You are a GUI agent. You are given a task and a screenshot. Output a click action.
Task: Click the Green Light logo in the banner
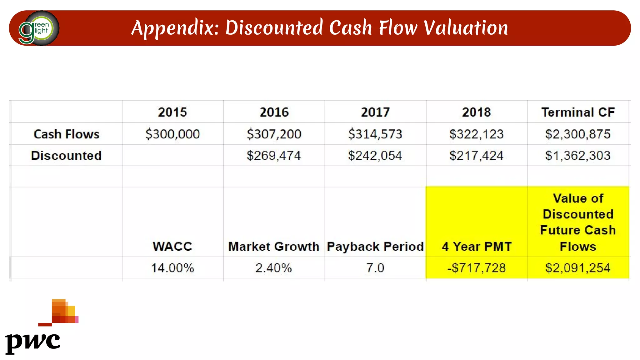click(39, 28)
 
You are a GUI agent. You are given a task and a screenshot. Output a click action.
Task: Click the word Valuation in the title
click(466, 28)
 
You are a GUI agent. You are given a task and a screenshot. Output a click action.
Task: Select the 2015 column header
click(172, 112)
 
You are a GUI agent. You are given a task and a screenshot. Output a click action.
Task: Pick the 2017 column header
click(375, 112)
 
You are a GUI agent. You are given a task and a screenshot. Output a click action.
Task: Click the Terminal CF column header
click(578, 112)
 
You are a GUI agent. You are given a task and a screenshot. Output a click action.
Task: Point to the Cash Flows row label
click(66, 134)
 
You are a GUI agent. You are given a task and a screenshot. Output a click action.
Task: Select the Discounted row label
click(66, 155)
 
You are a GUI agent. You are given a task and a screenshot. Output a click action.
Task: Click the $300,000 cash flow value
click(172, 134)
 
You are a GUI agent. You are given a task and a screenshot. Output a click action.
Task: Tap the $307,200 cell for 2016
click(274, 134)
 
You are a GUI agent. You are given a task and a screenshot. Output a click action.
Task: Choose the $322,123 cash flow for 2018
click(477, 134)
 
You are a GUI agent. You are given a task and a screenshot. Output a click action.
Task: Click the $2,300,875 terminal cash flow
click(578, 134)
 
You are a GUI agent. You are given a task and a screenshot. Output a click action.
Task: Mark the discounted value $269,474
click(274, 155)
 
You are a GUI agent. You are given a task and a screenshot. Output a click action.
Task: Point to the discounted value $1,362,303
click(578, 155)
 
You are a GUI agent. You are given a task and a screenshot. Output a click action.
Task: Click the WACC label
click(172, 247)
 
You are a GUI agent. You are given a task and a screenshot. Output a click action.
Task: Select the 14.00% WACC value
click(172, 268)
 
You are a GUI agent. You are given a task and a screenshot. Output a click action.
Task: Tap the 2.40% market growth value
click(274, 268)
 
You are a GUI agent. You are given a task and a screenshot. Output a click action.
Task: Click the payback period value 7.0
click(375, 268)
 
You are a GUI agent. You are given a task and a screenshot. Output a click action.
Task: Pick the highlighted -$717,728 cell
click(477, 268)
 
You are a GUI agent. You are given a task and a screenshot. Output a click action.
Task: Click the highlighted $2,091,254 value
click(578, 268)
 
